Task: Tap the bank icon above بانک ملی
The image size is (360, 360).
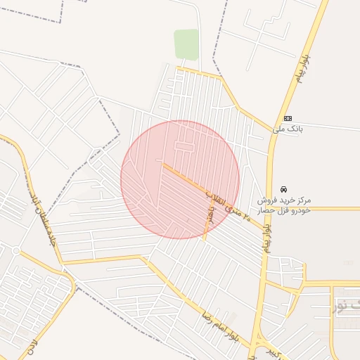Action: (287, 118)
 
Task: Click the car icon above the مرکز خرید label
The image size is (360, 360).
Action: (283, 190)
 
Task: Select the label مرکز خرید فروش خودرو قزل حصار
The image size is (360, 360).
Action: (284, 205)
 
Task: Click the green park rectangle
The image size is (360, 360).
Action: (186, 44)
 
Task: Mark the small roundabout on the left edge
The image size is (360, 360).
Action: (15, 250)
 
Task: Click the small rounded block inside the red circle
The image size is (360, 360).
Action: (184, 146)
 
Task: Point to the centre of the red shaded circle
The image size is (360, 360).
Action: (180, 180)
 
